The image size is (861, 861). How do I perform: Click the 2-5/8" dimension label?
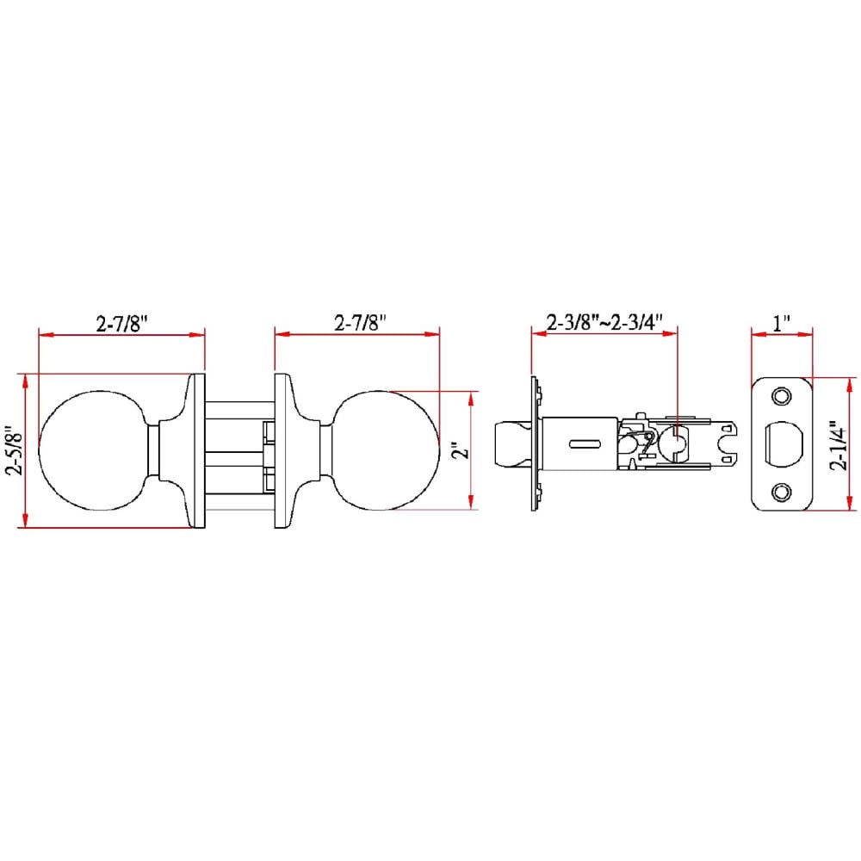pos(14,450)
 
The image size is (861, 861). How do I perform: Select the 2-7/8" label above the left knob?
pos(122,324)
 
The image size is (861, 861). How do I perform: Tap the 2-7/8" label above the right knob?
pos(360,322)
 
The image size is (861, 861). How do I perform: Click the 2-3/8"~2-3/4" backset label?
pos(604,322)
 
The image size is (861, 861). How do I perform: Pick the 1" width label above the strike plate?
pos(782,323)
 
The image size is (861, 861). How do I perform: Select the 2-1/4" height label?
pos(839,445)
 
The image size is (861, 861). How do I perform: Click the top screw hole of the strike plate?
pos(782,396)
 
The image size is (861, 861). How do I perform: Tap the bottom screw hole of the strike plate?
pos(782,492)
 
